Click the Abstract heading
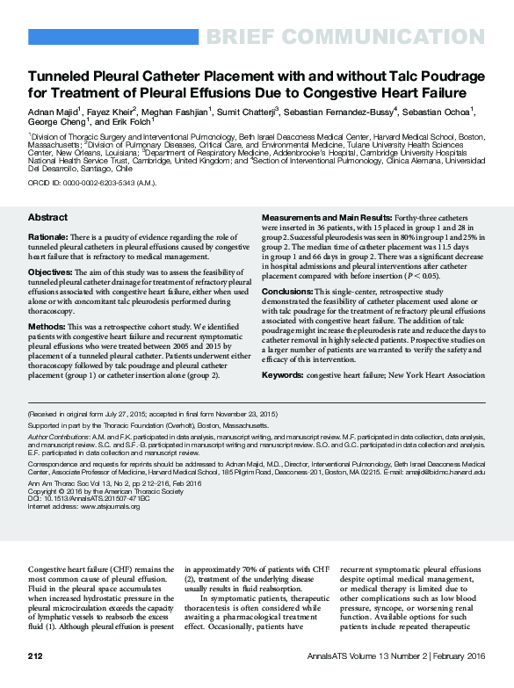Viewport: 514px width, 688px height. pos(48,217)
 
